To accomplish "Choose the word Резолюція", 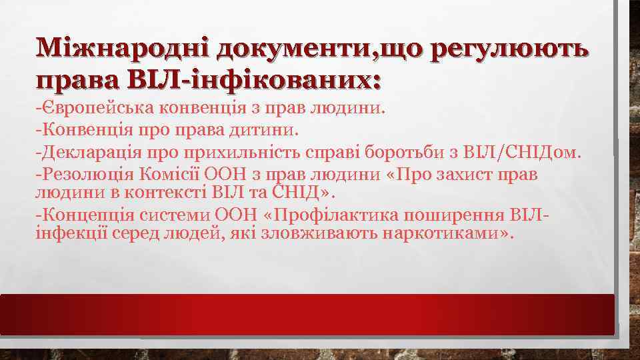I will [91, 175].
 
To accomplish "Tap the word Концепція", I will [90, 216].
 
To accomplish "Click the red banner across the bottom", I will [307, 314].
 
